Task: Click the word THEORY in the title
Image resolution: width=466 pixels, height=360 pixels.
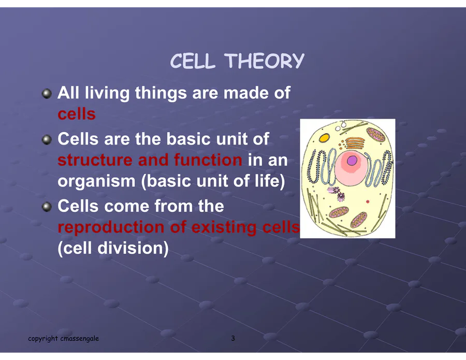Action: [266, 61]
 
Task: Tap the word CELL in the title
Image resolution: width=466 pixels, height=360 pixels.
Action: [192, 61]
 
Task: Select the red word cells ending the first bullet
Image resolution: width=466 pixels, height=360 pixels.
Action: [77, 114]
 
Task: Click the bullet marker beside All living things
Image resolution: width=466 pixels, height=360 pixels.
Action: [47, 94]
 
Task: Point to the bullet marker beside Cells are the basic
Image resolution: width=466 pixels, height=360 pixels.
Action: [47, 140]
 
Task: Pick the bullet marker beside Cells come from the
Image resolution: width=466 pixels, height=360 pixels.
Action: [47, 207]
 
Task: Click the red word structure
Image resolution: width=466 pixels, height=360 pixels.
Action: [95, 160]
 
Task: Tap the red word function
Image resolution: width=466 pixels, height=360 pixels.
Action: [208, 160]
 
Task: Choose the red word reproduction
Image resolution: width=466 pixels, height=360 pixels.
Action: [111, 228]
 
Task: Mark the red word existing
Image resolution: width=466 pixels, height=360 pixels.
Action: [224, 227]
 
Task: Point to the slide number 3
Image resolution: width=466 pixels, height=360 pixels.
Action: [233, 338]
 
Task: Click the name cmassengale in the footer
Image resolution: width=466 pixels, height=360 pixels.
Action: [80, 339]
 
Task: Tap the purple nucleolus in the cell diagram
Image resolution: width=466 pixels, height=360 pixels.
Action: [352, 161]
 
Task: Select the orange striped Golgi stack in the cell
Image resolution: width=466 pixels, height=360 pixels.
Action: [355, 143]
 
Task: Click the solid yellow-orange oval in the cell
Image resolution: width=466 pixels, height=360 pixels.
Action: [324, 138]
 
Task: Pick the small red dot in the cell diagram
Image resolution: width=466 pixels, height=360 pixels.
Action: [368, 201]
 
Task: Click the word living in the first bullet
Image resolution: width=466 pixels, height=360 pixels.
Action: [107, 93]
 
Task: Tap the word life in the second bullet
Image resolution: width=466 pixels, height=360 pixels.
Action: [269, 181]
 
